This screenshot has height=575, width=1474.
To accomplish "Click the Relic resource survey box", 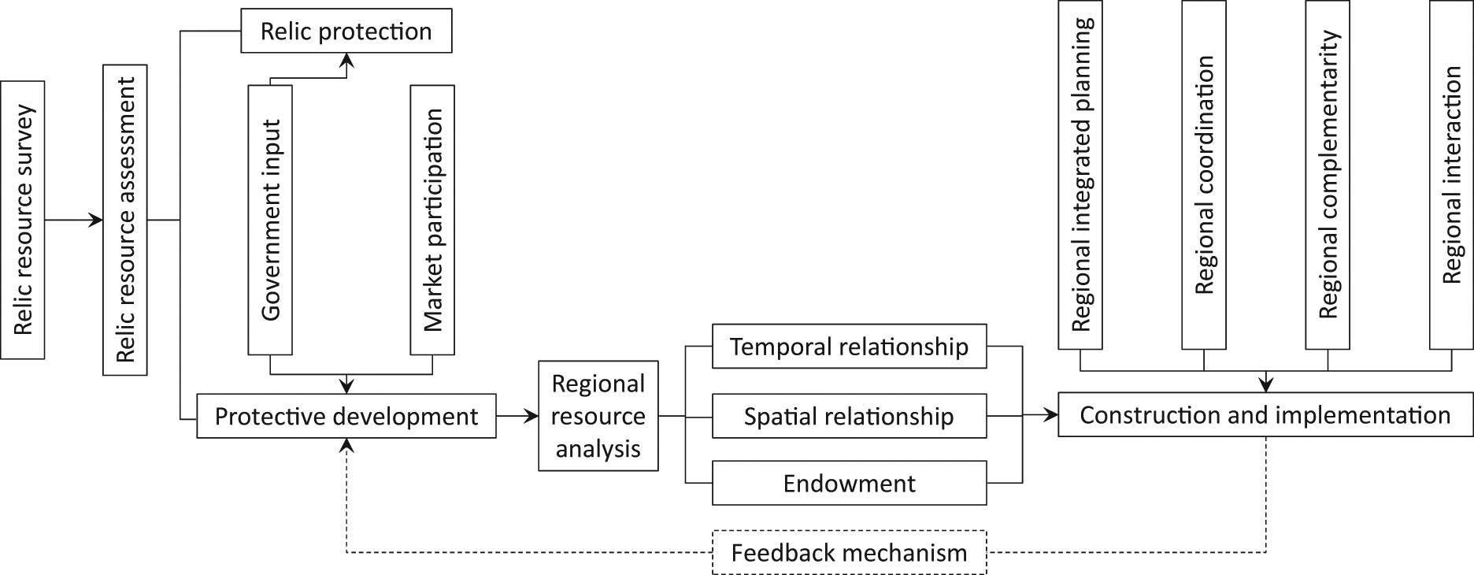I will (x=22, y=220).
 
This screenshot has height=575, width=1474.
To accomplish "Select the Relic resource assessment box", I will (x=124, y=220).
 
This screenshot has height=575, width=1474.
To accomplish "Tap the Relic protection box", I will (x=346, y=32).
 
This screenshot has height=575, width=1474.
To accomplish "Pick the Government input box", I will (x=270, y=220).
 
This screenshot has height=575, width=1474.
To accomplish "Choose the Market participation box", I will (x=432, y=220).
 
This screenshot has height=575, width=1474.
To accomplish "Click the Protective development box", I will (x=346, y=416).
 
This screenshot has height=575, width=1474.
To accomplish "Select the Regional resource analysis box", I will (x=598, y=416).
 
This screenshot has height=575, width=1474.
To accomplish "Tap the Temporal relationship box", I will (x=849, y=347).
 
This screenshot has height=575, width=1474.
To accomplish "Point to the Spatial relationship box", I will (x=849, y=416).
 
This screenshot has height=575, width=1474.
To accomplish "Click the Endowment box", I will (x=849, y=483).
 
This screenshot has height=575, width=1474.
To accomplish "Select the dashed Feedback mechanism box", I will (x=849, y=552).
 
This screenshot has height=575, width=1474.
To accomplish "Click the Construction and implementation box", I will (x=1265, y=415).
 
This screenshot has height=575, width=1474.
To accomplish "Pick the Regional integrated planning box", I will (x=1080, y=175).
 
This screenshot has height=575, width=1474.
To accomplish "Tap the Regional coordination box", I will (x=1204, y=175).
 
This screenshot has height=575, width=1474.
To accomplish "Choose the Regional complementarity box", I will (x=1328, y=175).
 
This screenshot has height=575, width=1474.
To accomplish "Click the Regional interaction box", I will (x=1451, y=175).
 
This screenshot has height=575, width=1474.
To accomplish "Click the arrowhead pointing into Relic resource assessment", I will (x=96, y=220).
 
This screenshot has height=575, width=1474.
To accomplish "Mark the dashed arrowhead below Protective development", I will (x=346, y=445).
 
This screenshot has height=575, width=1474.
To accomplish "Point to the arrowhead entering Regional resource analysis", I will (x=531, y=416).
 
